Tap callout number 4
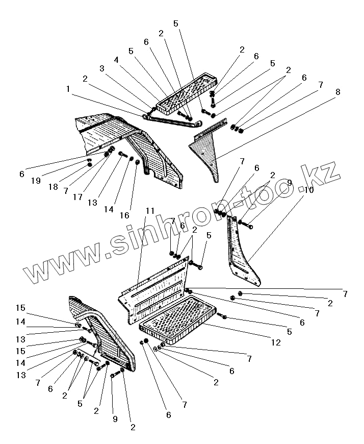click(116, 59)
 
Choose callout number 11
click(149, 210)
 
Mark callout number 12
click(275, 343)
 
